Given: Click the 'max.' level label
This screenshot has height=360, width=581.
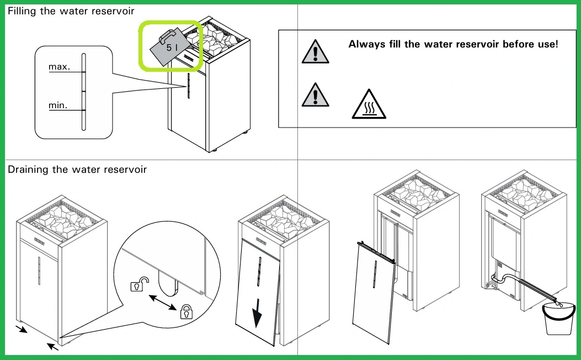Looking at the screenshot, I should pos(60,67).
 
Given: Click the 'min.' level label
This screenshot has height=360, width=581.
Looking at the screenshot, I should pos(58,105).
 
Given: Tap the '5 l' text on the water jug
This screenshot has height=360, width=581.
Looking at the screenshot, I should pos(172,48).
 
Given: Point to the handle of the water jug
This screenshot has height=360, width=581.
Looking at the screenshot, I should pos(168,36).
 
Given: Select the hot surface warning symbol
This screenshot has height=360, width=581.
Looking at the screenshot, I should pos(369,105).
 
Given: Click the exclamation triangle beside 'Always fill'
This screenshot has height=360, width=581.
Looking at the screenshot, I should pos(315,52).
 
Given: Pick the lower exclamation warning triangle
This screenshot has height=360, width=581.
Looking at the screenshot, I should pos(315,96).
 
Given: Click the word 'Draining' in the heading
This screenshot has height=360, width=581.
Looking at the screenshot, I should pos(28,170).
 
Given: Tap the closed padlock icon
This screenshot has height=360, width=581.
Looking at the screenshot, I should pos(186,311).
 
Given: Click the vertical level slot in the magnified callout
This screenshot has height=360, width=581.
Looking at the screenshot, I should pos(83,92).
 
